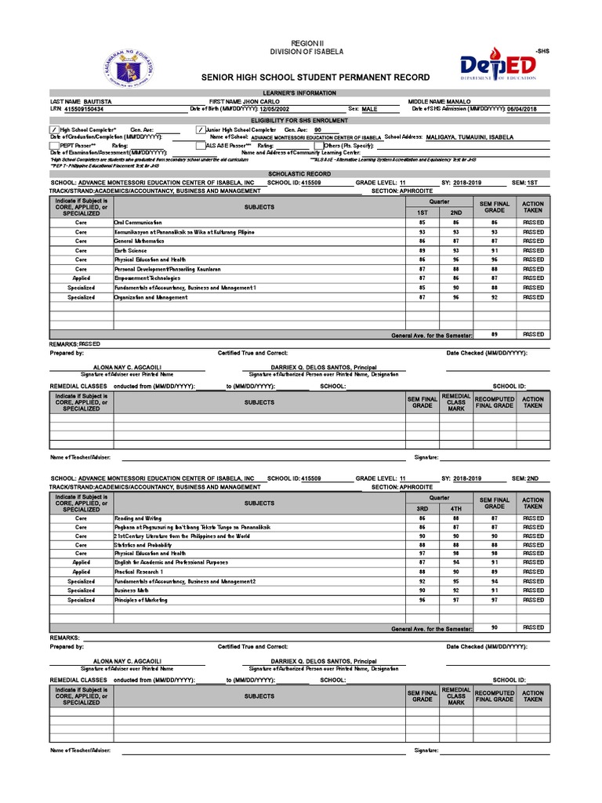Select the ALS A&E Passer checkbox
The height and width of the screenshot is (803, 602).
tap(200, 145)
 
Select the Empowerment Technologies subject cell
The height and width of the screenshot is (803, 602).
tap(147, 278)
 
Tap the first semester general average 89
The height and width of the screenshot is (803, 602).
tap(494, 334)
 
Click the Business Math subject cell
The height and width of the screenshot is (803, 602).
tap(131, 590)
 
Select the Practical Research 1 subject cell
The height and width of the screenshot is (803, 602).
tap(139, 572)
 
